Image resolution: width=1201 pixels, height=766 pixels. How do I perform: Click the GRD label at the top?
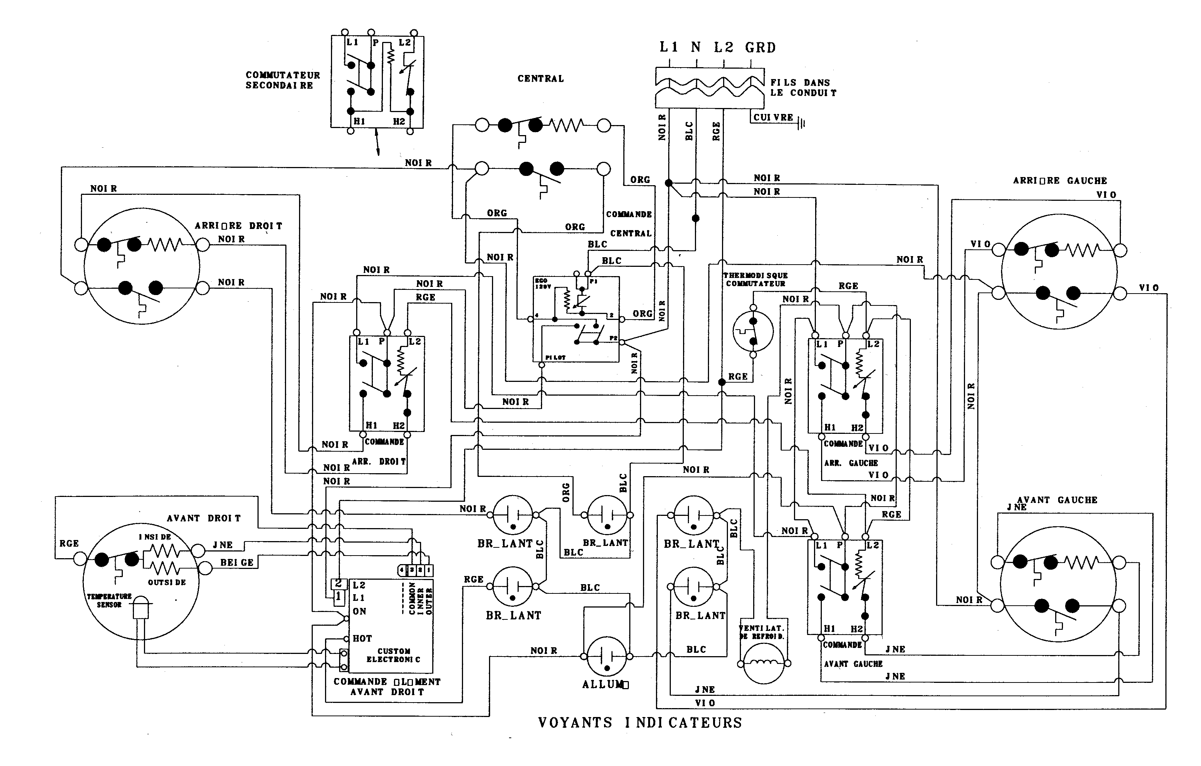(x=760, y=48)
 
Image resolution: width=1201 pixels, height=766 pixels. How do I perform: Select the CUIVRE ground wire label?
(x=773, y=117)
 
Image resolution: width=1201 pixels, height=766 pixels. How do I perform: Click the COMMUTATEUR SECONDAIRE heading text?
(x=283, y=80)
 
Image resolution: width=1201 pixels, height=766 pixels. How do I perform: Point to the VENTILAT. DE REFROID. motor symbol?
(x=764, y=663)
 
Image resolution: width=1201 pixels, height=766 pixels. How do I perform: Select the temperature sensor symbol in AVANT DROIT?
(x=141, y=608)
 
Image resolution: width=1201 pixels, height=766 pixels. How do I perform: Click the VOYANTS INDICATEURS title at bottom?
(x=640, y=723)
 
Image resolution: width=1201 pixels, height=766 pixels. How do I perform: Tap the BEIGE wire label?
(x=237, y=562)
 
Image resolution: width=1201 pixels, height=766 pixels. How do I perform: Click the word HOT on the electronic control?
(x=362, y=638)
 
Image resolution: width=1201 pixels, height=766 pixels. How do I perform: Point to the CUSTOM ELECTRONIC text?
(x=394, y=655)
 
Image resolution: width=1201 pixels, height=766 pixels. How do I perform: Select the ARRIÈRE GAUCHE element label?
(x=1059, y=181)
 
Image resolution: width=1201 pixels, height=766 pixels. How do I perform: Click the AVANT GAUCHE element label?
(x=1057, y=500)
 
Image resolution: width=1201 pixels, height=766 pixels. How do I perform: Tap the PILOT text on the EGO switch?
(x=555, y=358)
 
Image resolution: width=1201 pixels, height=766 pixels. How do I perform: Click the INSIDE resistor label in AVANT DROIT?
(x=155, y=537)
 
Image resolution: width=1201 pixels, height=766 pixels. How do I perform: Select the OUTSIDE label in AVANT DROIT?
(x=167, y=582)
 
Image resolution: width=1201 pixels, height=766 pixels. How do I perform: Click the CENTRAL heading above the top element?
(x=541, y=79)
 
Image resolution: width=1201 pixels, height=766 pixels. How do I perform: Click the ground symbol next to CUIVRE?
(x=801, y=123)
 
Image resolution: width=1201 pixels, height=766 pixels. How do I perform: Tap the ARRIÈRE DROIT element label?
(x=239, y=226)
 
